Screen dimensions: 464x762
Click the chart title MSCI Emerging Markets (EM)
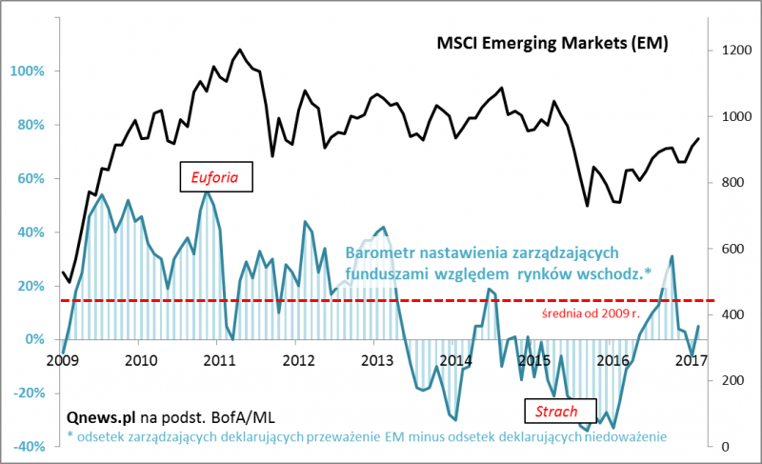(x=551, y=44)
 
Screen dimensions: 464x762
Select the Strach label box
(x=559, y=411)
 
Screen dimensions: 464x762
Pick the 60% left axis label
(x=29, y=178)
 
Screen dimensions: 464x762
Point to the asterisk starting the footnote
(x=70, y=435)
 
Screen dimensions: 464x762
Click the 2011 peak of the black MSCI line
(x=239, y=50)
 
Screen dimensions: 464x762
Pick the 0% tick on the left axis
(x=31, y=339)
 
